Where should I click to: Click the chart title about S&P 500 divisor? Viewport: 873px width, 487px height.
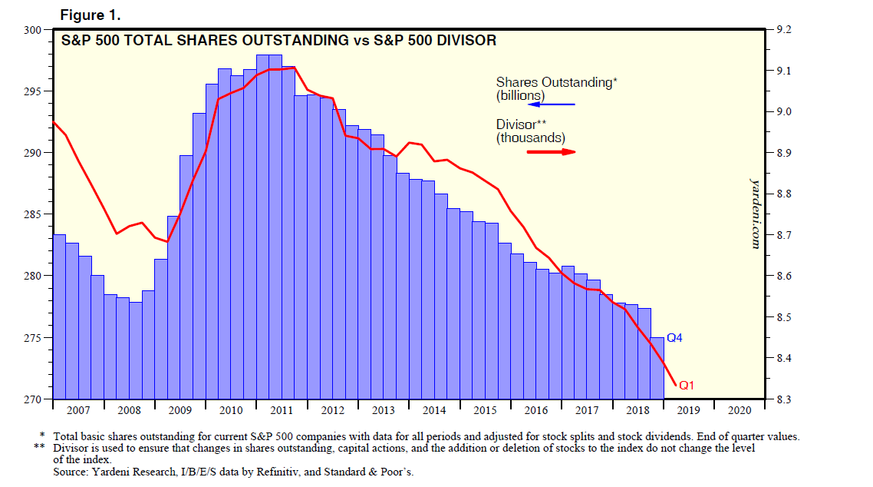tap(278, 41)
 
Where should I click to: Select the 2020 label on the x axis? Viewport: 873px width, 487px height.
tap(740, 410)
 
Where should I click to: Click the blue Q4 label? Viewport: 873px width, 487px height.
tap(674, 338)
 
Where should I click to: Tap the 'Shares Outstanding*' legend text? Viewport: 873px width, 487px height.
tap(556, 82)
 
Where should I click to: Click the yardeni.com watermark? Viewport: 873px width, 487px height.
tap(754, 212)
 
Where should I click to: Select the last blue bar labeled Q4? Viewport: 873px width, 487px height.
tap(657, 369)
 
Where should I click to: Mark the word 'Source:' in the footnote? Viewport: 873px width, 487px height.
tap(70, 472)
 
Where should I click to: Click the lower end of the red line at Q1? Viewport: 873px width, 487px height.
tap(674, 385)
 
